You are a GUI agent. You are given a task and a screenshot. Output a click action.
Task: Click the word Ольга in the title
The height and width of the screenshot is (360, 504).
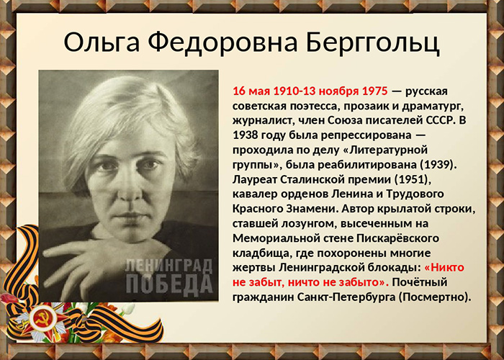(102, 42)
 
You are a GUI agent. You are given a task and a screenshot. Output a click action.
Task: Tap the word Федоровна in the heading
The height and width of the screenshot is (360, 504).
(222, 42)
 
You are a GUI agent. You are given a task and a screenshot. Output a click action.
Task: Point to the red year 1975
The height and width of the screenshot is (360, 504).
(375, 91)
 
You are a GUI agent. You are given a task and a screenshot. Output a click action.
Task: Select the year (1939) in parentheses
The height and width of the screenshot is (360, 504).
(438, 165)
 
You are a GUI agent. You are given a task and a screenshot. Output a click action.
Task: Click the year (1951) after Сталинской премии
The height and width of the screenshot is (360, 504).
(413, 179)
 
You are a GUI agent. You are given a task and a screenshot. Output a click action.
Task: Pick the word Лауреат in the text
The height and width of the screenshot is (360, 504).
(255, 179)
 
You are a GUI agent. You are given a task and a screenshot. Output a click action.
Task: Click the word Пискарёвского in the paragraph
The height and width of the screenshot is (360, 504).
(397, 238)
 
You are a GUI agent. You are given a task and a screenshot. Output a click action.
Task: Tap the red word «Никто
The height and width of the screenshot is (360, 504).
(444, 267)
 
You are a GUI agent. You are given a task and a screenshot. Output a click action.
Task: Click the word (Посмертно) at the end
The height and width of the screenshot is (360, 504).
(435, 297)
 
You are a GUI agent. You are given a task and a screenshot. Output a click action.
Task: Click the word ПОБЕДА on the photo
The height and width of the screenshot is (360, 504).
(169, 284)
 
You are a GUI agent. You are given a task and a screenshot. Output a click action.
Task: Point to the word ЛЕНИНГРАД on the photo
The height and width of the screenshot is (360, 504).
(169, 266)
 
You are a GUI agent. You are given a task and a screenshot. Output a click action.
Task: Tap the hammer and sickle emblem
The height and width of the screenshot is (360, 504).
(41, 319)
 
